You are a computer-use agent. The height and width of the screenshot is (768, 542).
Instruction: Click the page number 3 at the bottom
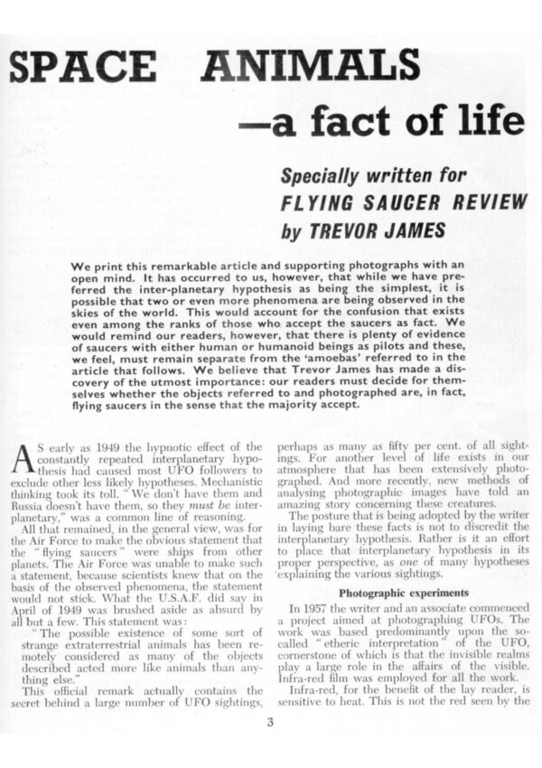pos(269,721)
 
